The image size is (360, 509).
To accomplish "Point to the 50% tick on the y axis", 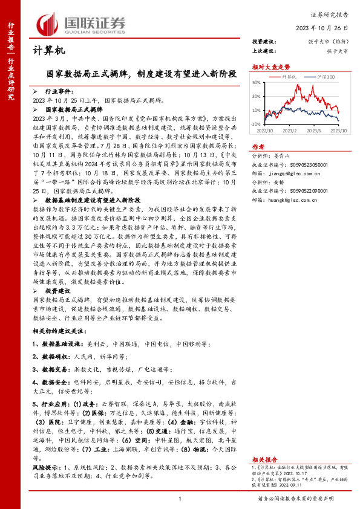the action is coord(257,82).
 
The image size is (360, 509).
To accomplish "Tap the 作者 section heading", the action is coord(258,147).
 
